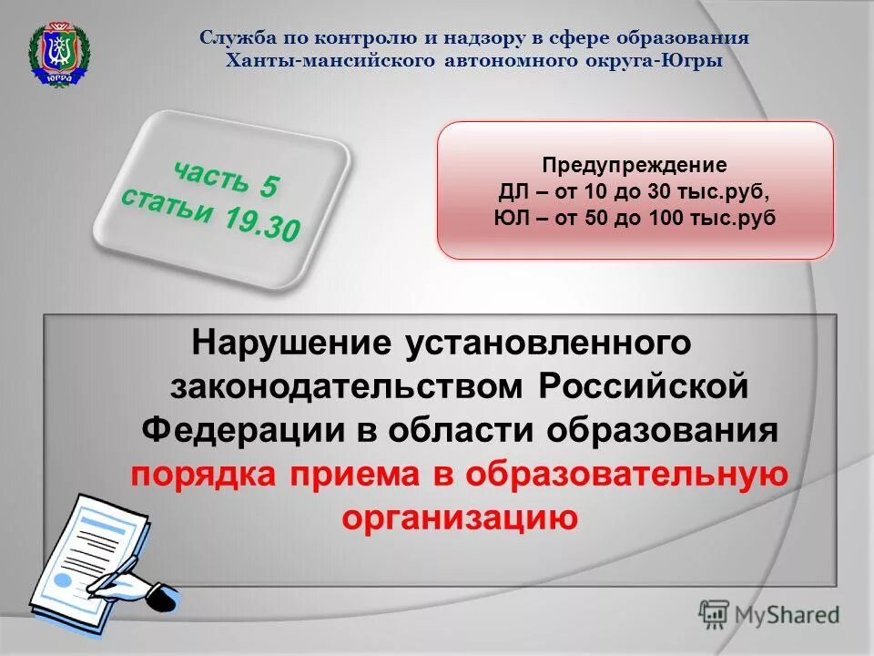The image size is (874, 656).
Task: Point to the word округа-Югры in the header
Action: tap(664, 61)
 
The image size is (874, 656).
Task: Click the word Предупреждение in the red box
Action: tap(635, 166)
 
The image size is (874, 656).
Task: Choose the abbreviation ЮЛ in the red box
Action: tap(507, 219)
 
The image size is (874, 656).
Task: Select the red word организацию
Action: tap(460, 518)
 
